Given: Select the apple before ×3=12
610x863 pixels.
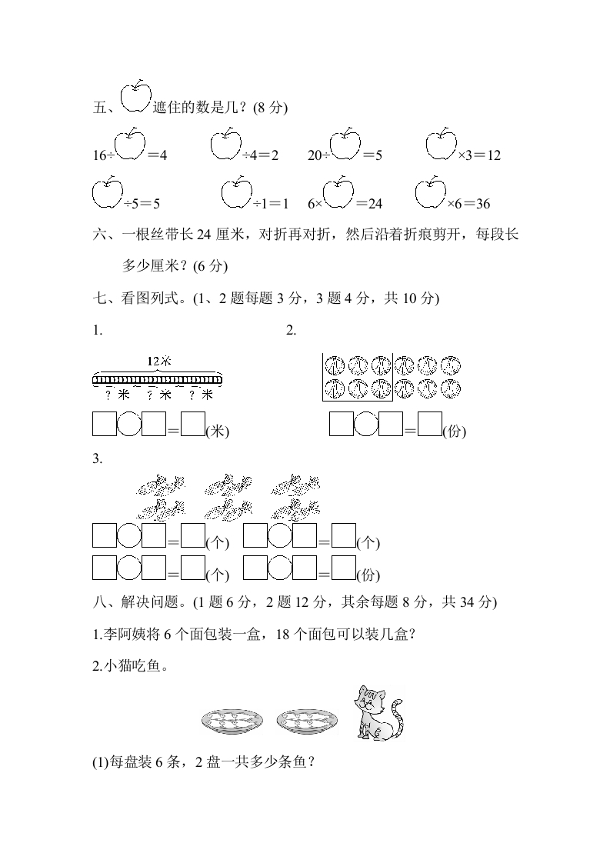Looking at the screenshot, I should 441,145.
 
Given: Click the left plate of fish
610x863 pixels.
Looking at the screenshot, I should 232,720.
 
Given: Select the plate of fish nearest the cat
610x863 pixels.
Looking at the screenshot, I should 305,720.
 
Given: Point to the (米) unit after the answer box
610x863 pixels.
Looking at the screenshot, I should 218,432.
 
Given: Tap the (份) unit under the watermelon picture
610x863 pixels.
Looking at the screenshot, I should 455,432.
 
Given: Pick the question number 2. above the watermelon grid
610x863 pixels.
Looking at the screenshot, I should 291,331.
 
